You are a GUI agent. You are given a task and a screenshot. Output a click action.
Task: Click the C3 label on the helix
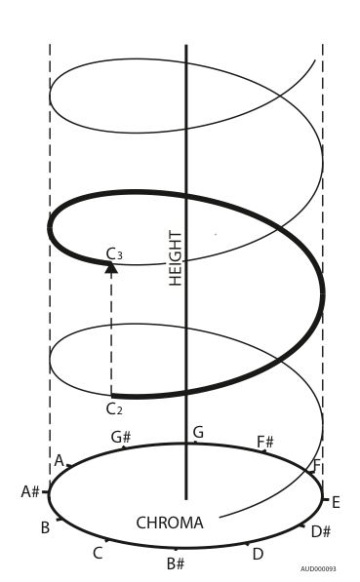114,254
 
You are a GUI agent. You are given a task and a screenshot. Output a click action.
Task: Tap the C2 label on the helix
114,407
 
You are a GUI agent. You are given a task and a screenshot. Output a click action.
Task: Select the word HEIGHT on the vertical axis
176,257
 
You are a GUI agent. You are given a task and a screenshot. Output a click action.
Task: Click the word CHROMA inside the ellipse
170,523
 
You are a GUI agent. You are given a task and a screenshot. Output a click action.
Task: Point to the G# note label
121,438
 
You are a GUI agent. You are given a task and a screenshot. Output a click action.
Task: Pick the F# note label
265,442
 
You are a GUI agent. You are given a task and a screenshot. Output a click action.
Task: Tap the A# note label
30,491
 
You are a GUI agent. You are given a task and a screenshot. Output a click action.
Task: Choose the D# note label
322,531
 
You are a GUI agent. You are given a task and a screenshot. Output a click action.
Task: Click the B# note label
176,563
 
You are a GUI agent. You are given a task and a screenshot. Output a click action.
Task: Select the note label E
336,502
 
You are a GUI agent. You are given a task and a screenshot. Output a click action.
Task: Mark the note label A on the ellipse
59,459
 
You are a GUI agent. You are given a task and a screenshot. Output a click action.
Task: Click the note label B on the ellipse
45,527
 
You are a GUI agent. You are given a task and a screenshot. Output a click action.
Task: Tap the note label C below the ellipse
98,553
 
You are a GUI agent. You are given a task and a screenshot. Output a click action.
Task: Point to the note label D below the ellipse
258,554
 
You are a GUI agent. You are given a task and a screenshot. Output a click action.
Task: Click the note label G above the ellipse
198,432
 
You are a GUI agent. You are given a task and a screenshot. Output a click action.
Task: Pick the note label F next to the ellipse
316,467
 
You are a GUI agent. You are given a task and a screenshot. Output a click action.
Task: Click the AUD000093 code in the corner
319,567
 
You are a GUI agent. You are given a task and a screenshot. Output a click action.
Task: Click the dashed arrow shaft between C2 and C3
111,331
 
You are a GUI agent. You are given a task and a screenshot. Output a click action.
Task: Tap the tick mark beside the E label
325,498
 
